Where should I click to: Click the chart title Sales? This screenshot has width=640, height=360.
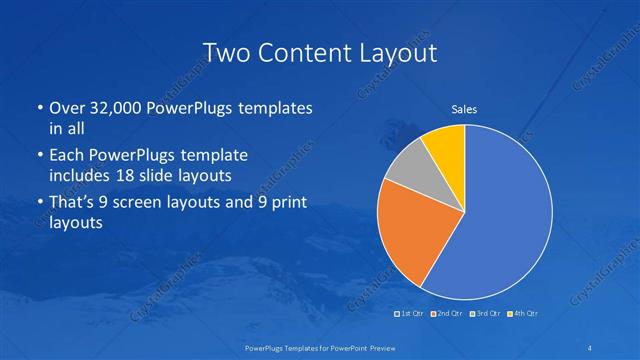tap(464, 108)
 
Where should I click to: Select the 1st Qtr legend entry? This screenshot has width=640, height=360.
tap(411, 314)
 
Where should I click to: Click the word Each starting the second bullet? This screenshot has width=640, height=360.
tap(66, 156)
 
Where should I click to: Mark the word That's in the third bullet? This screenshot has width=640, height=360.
tap(73, 203)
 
